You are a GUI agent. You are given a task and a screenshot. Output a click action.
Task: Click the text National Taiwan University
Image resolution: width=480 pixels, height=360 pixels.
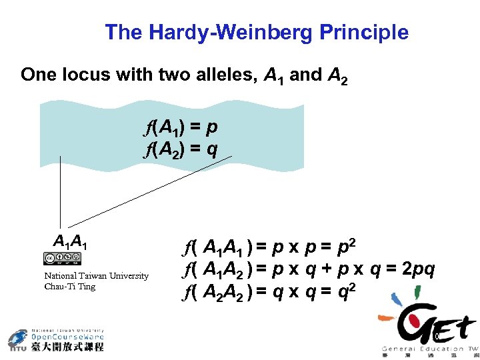(96, 276)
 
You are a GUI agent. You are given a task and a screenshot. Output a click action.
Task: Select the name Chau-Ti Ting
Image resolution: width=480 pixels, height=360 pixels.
(69, 287)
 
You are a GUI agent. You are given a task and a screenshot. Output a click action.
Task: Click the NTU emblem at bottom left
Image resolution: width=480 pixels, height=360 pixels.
(18, 340)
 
